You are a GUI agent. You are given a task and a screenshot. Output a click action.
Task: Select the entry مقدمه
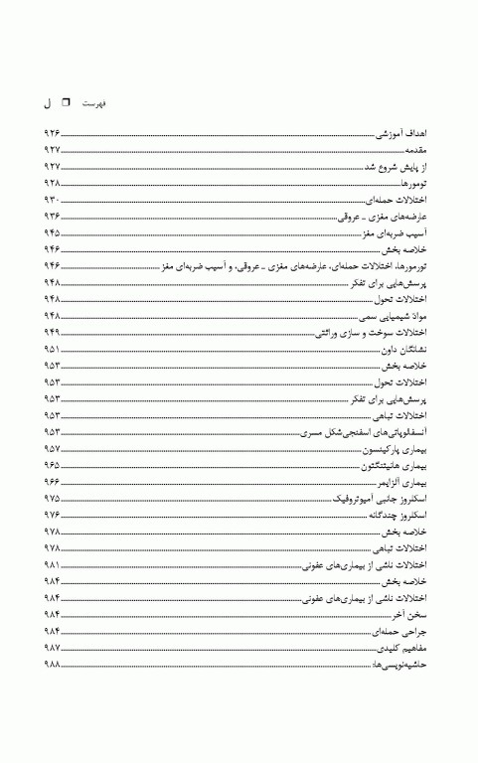(414, 150)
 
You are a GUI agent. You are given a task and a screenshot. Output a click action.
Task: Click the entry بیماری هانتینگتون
(396, 466)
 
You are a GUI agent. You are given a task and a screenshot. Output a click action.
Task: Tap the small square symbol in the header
(67, 101)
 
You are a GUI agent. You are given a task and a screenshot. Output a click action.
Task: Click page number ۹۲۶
(52, 133)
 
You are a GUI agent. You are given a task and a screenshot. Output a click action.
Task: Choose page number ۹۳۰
(52, 200)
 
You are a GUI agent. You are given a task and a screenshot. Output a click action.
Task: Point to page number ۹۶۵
(52, 466)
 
